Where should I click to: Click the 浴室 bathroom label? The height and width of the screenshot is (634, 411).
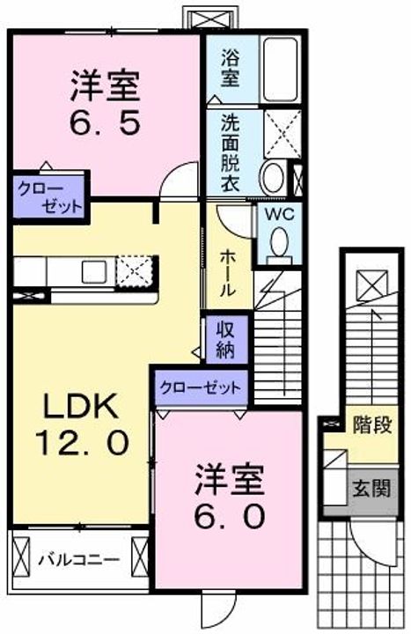point(229,69)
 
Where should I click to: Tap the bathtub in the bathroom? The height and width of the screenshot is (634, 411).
point(281,70)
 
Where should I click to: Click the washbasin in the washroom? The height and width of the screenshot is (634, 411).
point(272,178)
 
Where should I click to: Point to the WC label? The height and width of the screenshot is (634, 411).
point(279,215)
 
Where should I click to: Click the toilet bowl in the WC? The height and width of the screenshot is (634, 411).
point(278,244)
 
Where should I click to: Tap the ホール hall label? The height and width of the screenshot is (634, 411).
point(229,272)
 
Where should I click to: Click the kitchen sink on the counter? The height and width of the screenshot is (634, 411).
point(94,272)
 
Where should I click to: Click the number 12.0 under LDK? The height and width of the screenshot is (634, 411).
point(83,442)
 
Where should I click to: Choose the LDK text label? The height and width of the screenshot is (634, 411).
point(81,406)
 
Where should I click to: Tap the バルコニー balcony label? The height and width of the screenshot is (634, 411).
point(79,560)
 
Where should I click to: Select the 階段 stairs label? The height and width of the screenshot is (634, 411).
point(372,425)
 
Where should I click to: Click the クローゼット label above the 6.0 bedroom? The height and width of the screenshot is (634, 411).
point(200,388)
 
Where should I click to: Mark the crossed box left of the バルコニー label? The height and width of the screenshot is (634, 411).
point(21,555)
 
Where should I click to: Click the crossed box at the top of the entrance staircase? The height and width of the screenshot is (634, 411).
point(371,285)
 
